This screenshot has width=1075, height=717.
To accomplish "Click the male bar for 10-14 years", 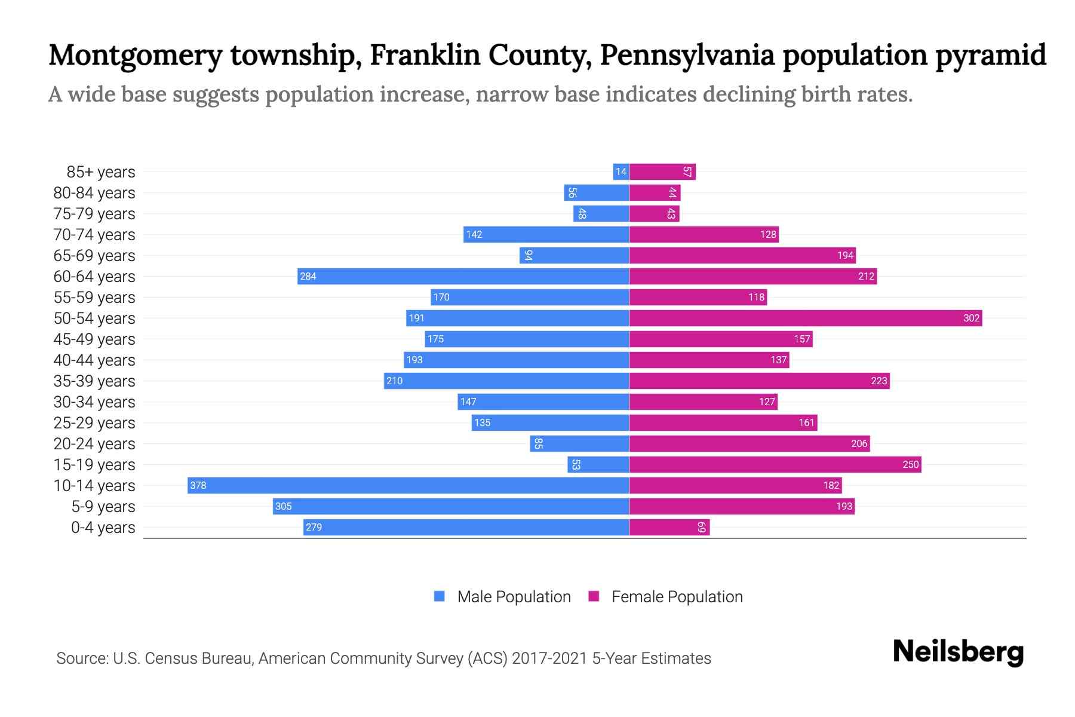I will point(408,485).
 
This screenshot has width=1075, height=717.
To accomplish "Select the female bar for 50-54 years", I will point(805,318).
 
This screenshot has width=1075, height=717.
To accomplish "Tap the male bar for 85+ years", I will point(621,172).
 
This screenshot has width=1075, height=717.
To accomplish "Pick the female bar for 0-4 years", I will point(669,527).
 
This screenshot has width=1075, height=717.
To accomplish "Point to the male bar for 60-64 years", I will point(463,276).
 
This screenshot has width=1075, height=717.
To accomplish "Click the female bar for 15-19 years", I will point(775,464).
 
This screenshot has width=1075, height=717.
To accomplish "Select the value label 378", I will point(198,486).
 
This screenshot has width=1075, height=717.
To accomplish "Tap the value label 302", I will point(971,318).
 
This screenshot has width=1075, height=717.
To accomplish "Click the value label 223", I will point(879,381).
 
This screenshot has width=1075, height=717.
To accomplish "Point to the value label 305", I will point(283,507).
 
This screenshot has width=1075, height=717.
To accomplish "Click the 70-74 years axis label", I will point(94,235).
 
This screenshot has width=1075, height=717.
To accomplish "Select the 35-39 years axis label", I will point(94,381).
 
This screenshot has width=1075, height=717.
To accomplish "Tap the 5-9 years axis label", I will point(103,507).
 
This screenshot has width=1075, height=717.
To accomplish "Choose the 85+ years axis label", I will point(101,172).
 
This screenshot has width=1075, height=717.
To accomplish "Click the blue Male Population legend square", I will point(440,596).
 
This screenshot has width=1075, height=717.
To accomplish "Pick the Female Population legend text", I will point(677,597).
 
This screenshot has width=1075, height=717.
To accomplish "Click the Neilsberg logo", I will point(958,652).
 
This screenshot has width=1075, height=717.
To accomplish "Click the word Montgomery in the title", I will point(135,56).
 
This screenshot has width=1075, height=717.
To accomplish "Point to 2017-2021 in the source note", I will point(549,658).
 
